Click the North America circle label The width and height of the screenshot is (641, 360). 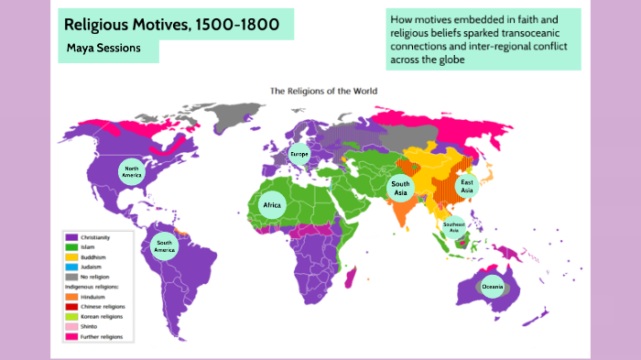(x=132, y=171)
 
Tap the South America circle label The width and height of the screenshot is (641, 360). (x=164, y=245)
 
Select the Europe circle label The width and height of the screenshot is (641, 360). (x=299, y=155)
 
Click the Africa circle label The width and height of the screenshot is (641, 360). (x=272, y=205)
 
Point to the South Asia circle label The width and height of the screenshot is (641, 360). (x=400, y=188)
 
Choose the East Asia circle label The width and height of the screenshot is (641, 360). (x=467, y=186)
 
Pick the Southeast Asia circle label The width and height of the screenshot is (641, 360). (x=452, y=226)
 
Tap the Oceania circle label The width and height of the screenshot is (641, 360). (x=492, y=288)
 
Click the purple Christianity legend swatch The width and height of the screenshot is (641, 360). (x=70, y=236)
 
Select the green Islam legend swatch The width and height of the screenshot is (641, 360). (x=70, y=247)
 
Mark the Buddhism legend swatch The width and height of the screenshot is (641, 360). (x=70, y=257)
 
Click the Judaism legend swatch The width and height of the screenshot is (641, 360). (x=70, y=267)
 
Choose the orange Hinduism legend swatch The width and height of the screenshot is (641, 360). (x=70, y=297)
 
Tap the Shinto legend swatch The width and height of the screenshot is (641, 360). (x=70, y=327)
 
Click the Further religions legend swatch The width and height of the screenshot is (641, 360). (x=70, y=337)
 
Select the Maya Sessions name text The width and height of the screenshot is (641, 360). (x=103, y=48)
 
